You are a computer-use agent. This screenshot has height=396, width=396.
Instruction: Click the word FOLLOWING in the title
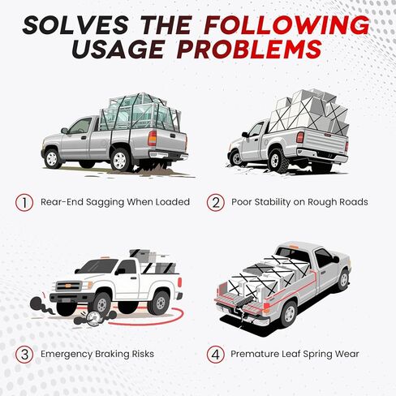286,25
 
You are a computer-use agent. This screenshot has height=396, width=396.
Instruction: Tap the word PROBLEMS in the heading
251,49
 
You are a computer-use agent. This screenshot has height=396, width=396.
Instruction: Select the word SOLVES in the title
75,25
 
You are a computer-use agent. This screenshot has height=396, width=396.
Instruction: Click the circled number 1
24,202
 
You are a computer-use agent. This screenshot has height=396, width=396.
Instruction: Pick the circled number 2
216,202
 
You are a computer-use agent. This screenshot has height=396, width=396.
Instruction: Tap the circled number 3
24,355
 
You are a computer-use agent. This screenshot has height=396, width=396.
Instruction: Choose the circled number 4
216,355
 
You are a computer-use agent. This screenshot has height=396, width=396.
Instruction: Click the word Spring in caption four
317,355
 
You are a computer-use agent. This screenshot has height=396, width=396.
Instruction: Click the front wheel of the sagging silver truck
52,159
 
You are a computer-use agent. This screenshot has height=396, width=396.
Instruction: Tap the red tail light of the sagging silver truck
152,138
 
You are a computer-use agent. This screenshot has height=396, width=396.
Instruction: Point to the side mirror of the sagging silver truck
64,131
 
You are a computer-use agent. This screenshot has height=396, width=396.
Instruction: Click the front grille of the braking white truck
68,286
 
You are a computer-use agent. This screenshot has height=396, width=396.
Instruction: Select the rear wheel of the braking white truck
160,303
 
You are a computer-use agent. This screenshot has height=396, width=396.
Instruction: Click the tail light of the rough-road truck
299,137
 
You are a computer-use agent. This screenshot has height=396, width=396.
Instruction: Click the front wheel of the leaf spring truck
343,280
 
